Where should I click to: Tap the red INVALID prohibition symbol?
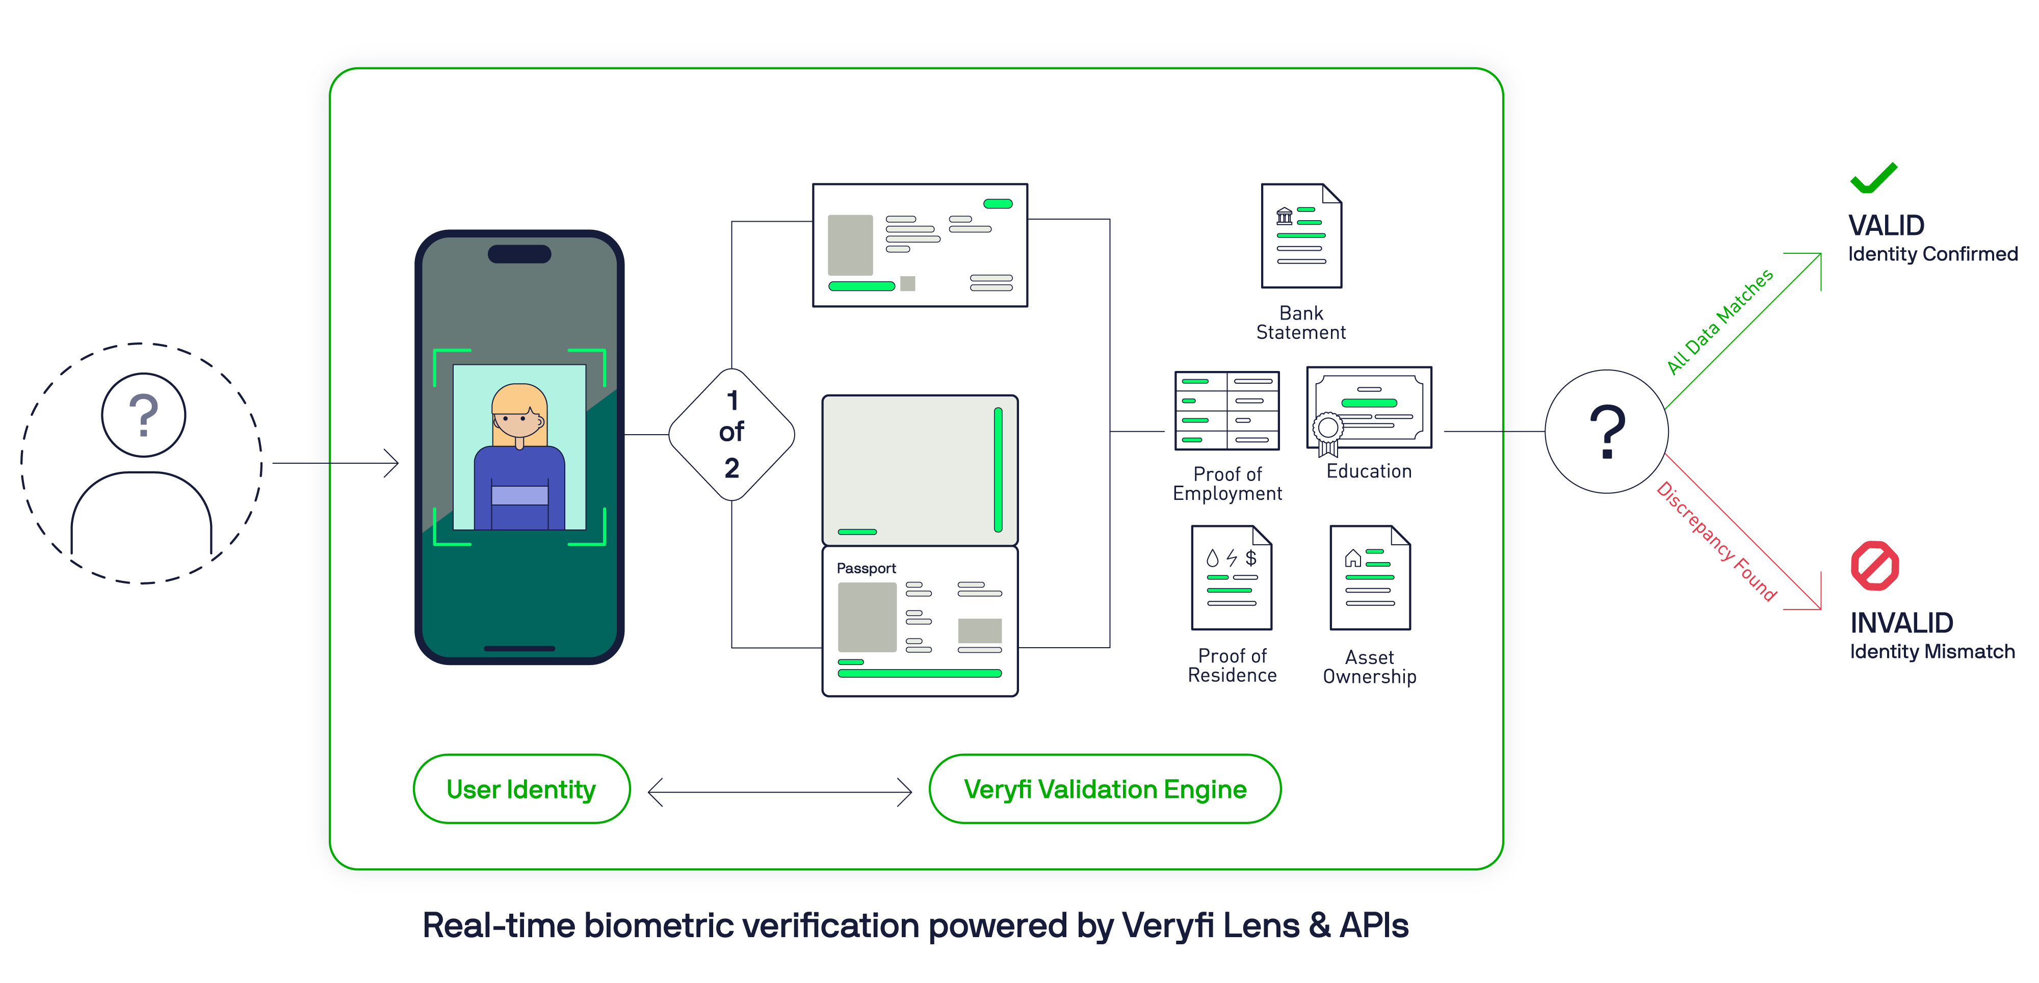pyautogui.click(x=1874, y=566)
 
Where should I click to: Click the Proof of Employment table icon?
pyautogui.click(x=1227, y=410)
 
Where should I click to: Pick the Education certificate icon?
pyautogui.click(x=1369, y=408)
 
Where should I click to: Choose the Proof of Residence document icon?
pyautogui.click(x=1232, y=578)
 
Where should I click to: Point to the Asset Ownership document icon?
pyautogui.click(x=1370, y=578)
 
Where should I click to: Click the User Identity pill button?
pyautogui.click(x=521, y=789)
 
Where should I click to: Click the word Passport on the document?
pyautogui.click(x=866, y=568)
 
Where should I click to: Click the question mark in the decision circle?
pyautogui.click(x=1607, y=431)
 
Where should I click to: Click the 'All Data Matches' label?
pyautogui.click(x=1719, y=322)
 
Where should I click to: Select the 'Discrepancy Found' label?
pyautogui.click(x=1716, y=541)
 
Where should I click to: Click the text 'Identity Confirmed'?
pyautogui.click(x=1932, y=254)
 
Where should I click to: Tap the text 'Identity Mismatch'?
pyautogui.click(x=1932, y=651)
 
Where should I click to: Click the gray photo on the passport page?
pyautogui.click(x=867, y=617)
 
